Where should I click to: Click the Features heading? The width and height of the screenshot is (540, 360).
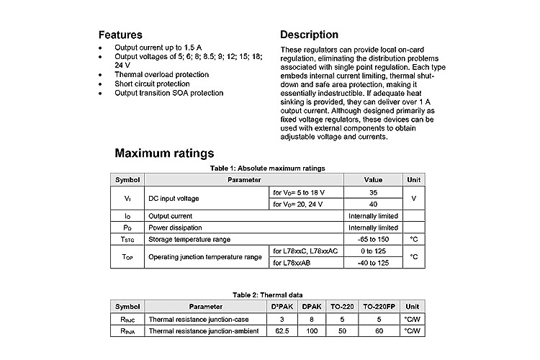click(x=120, y=35)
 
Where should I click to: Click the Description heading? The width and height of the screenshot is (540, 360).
click(x=309, y=35)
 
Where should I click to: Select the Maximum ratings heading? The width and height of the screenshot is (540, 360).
click(x=164, y=153)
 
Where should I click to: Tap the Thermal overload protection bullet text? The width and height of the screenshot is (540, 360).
click(x=162, y=74)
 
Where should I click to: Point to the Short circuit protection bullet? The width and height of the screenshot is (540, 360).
click(x=158, y=84)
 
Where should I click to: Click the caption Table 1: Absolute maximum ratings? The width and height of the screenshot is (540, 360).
click(x=267, y=168)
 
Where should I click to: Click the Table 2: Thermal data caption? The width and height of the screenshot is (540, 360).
click(x=267, y=294)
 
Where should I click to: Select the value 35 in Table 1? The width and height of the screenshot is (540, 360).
click(x=373, y=192)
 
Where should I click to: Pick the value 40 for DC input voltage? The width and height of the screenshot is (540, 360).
click(x=373, y=204)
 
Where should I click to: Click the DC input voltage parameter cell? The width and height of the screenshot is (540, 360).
click(x=174, y=198)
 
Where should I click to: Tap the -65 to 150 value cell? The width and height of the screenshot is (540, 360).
click(x=373, y=239)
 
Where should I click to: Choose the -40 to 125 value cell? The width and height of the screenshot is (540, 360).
click(x=373, y=263)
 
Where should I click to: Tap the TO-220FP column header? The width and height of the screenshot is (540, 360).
click(x=379, y=306)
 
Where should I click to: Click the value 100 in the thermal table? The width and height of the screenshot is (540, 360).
click(x=312, y=330)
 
